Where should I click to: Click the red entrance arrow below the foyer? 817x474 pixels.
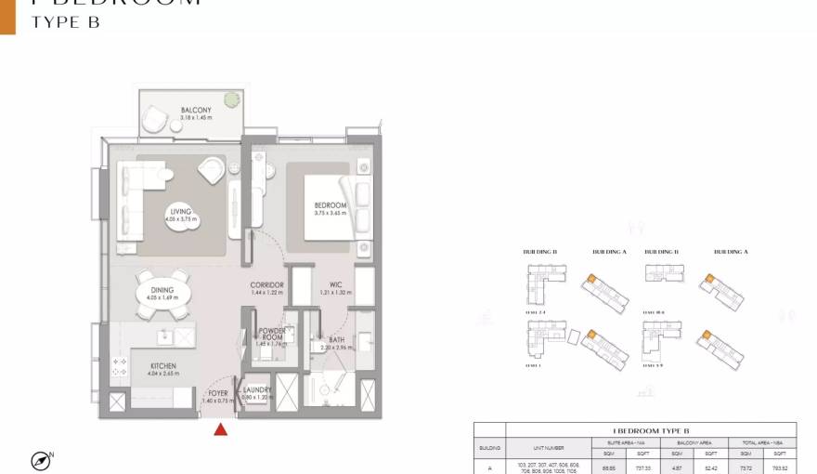pyautogui.click(x=221, y=428)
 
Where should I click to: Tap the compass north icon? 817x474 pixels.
pyautogui.click(x=40, y=460)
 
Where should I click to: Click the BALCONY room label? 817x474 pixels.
pyautogui.click(x=196, y=111)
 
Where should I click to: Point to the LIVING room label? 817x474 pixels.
pyautogui.click(x=180, y=212)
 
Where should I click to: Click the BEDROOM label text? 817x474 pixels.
pyautogui.click(x=330, y=205)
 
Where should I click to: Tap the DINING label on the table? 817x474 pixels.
pyautogui.click(x=162, y=291)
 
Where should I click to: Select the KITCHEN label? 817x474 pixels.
pyautogui.click(x=163, y=366)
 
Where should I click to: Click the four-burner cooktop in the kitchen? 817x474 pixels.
pyautogui.click(x=120, y=366)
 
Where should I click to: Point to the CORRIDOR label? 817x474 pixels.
pyautogui.click(x=266, y=285)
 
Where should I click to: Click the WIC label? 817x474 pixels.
pyautogui.click(x=335, y=285)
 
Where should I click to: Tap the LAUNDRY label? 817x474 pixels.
pyautogui.click(x=257, y=390)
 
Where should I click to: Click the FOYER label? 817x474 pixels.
pyautogui.click(x=218, y=393)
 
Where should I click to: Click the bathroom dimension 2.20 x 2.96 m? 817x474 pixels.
pyautogui.click(x=337, y=348)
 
